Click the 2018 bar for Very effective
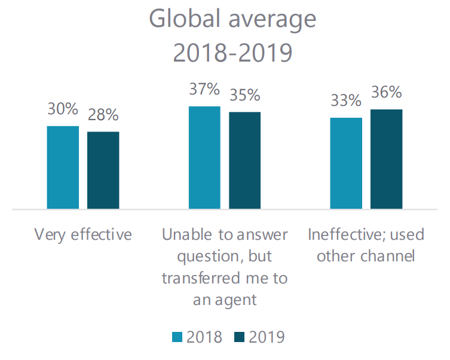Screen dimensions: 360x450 pos(63,167)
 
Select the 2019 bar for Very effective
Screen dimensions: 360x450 pos(103,170)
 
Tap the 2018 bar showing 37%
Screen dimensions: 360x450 pos(204,158)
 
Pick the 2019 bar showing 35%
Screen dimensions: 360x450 pos(244,160)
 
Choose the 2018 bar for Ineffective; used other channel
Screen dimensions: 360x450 pos(346,163)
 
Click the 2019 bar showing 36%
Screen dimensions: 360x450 pos(386,159)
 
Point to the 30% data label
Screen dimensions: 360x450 pos(63,109)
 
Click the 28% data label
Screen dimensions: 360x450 pos(103,115)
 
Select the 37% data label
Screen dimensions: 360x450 pos(204,89)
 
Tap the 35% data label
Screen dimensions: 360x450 pos(244,95)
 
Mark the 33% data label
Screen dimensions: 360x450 pos(346,101)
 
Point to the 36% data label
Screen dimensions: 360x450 pos(386,93)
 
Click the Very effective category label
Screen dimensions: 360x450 pos(83,234)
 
